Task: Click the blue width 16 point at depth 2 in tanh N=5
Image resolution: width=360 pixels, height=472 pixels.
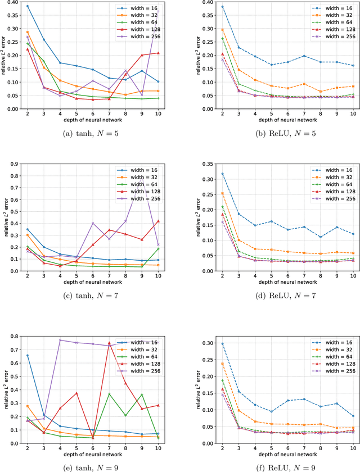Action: coord(28,6)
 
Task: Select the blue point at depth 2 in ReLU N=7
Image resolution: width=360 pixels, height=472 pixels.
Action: coord(206,174)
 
